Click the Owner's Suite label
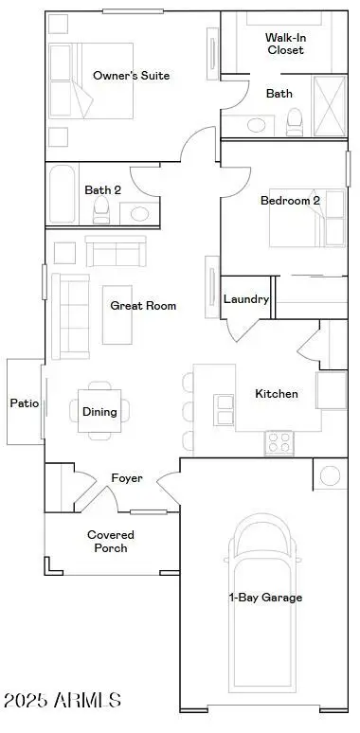131,76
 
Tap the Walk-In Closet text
285,44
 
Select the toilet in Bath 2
100,210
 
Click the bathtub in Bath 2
62,194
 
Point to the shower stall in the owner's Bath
330,106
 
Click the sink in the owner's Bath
256,125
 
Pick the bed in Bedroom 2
307,219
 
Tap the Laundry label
246,299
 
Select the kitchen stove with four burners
279,442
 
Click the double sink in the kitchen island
225,410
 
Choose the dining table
99,411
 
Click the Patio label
25,403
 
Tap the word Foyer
127,478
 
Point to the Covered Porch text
111,542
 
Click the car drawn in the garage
262,603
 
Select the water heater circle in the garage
330,475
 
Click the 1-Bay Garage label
265,598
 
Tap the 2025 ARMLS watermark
63,700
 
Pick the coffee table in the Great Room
117,314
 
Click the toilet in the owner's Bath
295,122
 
